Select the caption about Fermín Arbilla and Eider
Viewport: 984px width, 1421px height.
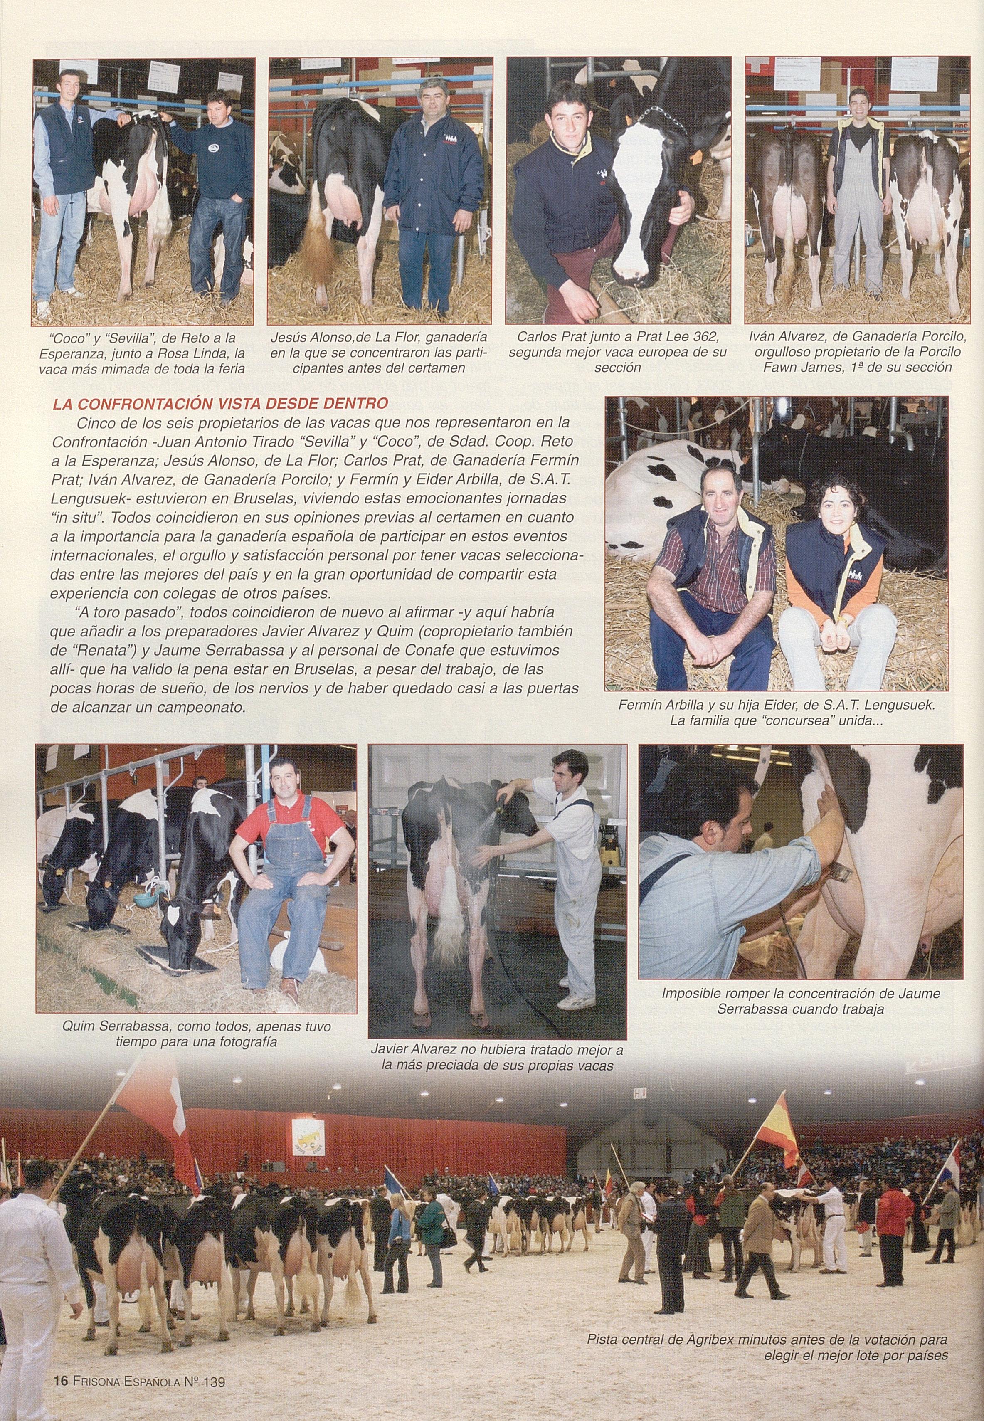[776, 713]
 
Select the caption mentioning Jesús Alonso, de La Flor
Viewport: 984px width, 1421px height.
[379, 353]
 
